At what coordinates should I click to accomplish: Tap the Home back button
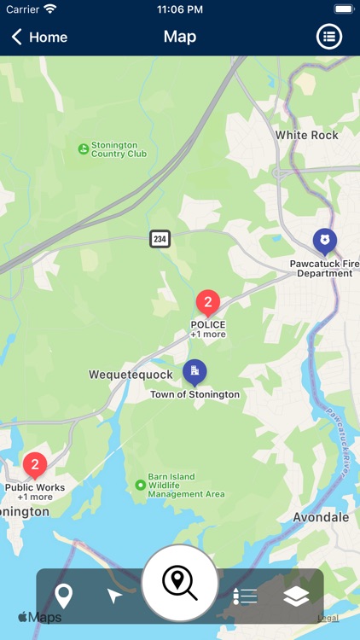coord(39,37)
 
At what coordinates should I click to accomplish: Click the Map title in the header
coord(180,37)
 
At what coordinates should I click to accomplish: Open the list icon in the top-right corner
coord(329,37)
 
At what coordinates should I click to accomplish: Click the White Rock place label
coord(306,135)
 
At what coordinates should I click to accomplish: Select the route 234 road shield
coord(160,239)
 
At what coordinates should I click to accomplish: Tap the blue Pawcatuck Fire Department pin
coord(324,241)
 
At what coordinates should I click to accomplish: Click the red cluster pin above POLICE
coord(207,302)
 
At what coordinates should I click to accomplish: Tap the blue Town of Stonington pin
coord(195,371)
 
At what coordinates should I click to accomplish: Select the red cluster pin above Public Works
coord(34,465)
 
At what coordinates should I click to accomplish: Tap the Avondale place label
coord(321,517)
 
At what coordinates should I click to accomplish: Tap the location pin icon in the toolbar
coord(63,595)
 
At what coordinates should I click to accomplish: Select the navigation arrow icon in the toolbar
coord(114,595)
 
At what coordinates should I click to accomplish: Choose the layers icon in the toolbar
coord(296,596)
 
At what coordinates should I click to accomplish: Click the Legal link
coord(328,618)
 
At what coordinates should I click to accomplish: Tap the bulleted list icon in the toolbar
coord(245,596)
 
